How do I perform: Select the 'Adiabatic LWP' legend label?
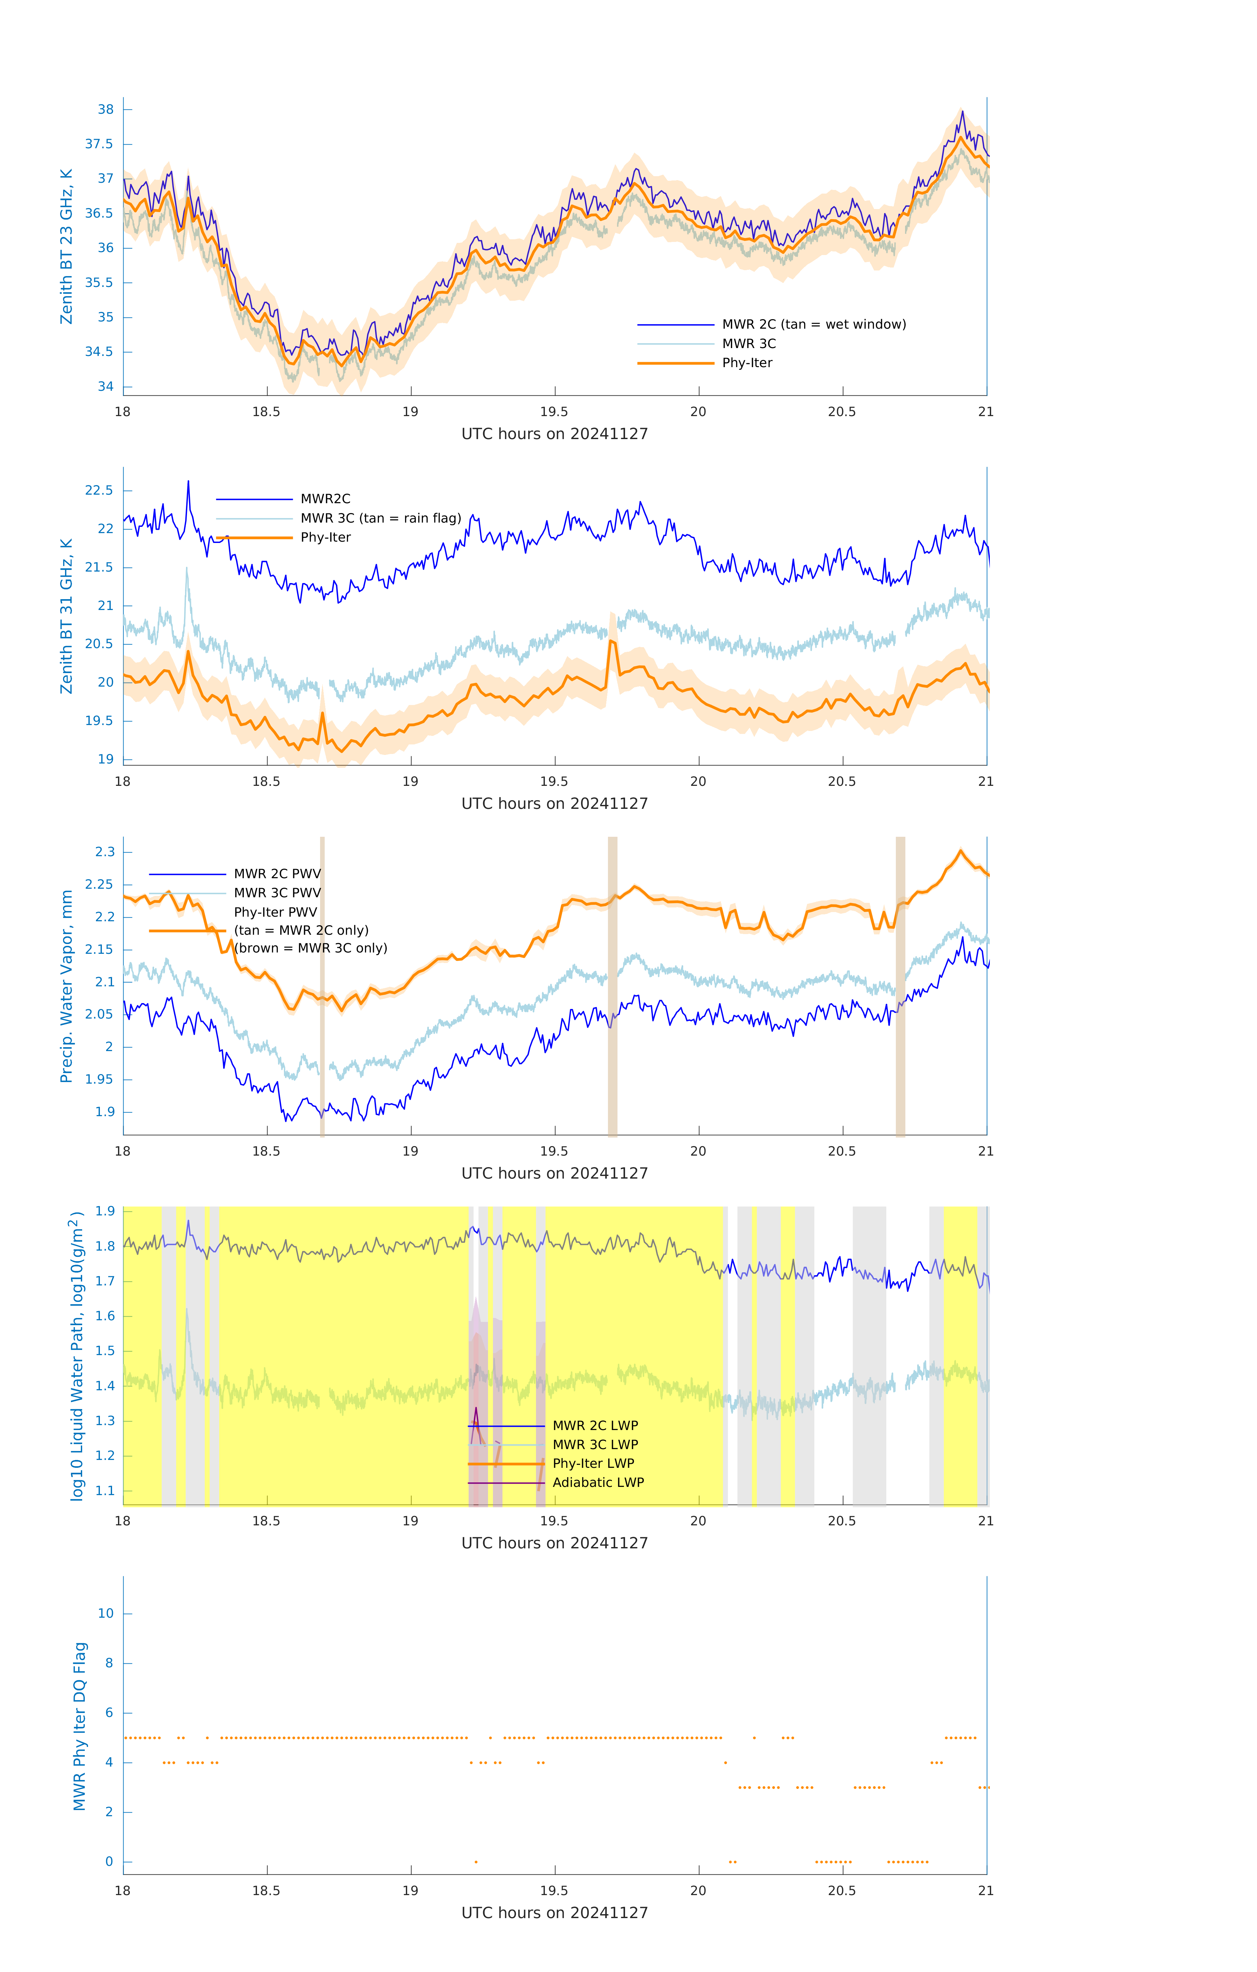598,1482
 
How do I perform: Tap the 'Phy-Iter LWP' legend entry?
593,1464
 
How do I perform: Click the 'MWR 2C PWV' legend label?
277,874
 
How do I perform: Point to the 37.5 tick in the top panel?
99,144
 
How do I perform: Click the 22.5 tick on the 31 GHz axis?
99,491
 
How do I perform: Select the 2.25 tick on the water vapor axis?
99,884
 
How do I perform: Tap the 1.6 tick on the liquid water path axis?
105,1316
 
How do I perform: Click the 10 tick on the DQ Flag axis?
105,1613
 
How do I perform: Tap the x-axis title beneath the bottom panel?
554,1913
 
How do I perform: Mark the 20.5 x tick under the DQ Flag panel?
842,1891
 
